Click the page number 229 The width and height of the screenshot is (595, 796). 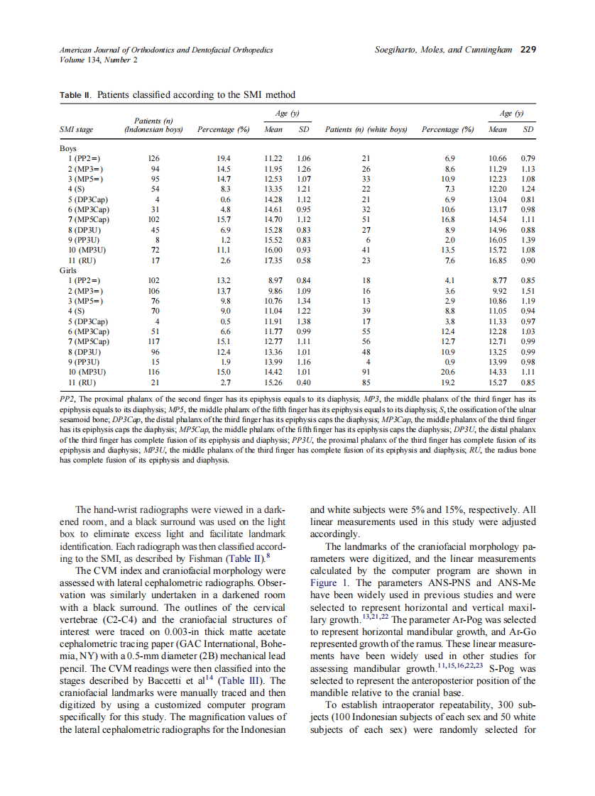[x=528, y=50]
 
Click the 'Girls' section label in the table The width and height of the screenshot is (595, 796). [x=69, y=270]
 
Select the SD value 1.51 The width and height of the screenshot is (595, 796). [x=528, y=290]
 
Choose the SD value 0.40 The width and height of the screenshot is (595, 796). [x=303, y=382]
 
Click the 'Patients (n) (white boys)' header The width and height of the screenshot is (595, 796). [x=366, y=130]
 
